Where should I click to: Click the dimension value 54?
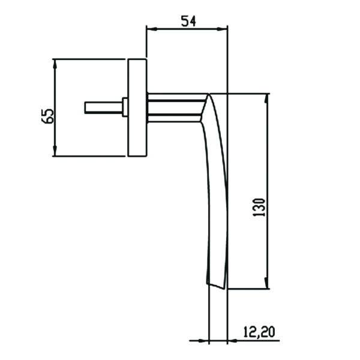(188, 20)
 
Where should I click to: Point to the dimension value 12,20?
(259, 331)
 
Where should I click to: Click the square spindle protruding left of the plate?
(103, 107)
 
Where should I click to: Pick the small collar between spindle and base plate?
(125, 107)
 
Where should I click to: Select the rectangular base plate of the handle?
(137, 107)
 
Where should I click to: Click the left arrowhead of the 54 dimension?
(151, 28)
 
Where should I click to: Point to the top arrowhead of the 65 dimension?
(55, 62)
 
